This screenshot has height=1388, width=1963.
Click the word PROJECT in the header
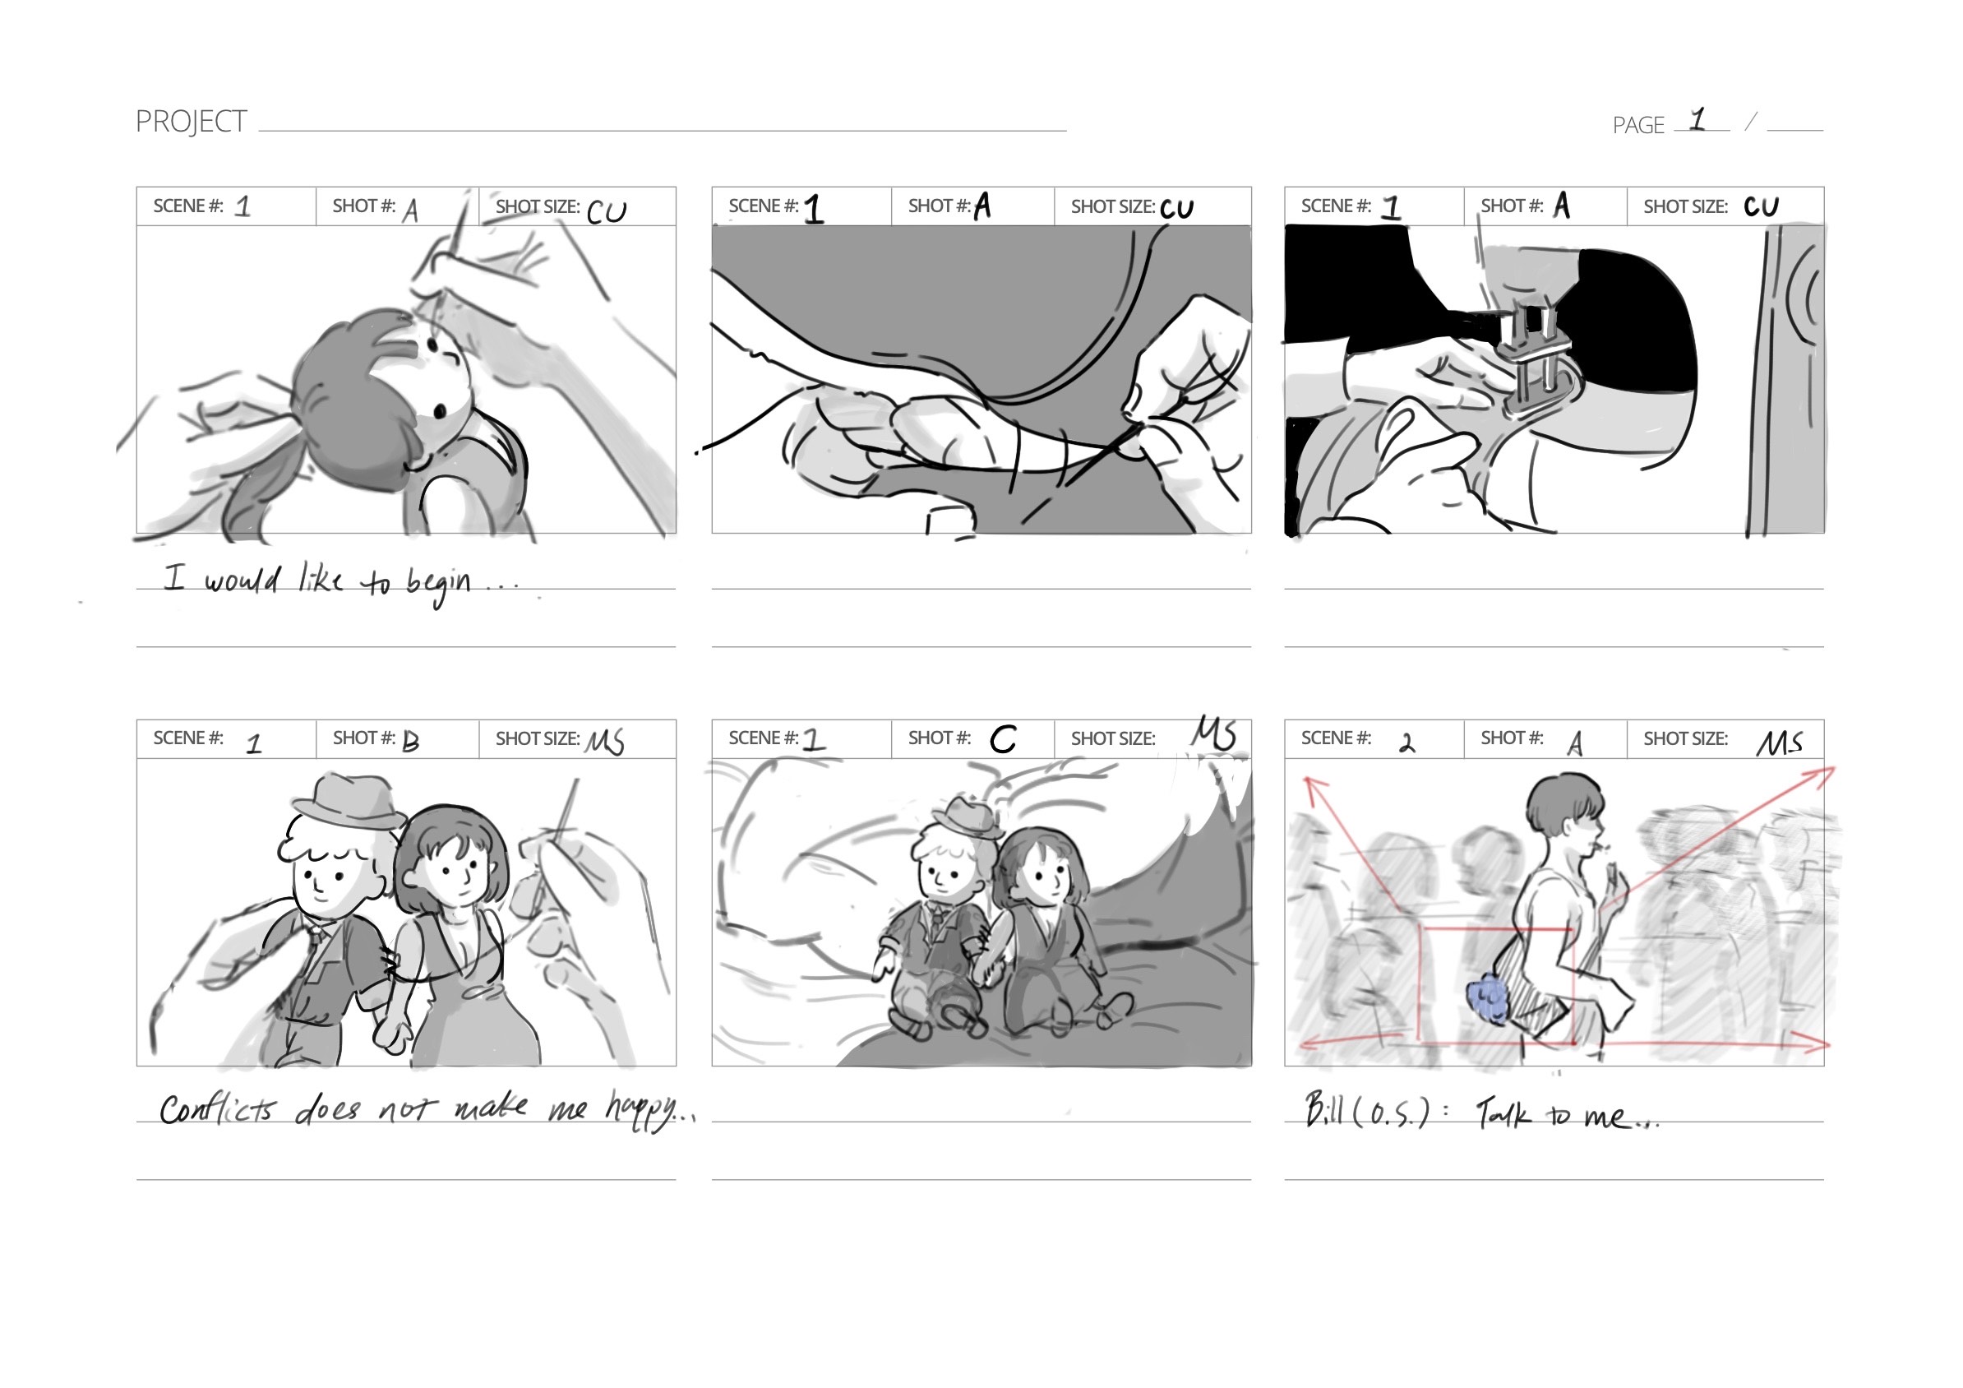pyautogui.click(x=191, y=122)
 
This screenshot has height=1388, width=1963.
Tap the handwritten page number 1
pyautogui.click(x=1697, y=119)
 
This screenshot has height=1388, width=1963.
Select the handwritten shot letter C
pyautogui.click(x=1003, y=739)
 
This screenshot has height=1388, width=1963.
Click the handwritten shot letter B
pyautogui.click(x=410, y=741)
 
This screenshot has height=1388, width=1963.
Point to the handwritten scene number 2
pyautogui.click(x=1406, y=743)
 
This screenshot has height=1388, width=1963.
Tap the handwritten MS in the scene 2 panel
pyautogui.click(x=1780, y=743)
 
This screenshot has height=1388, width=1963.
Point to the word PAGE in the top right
pyautogui.click(x=1638, y=126)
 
